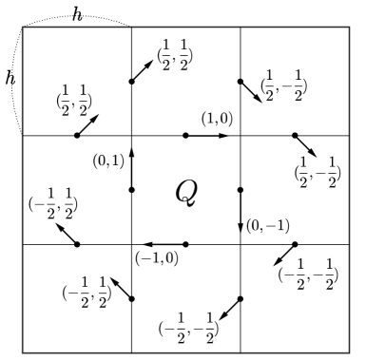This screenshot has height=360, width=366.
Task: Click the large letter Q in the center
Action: click(x=185, y=192)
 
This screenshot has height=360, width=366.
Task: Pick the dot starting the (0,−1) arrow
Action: click(x=240, y=190)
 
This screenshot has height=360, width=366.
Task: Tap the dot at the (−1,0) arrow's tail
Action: click(x=185, y=244)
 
